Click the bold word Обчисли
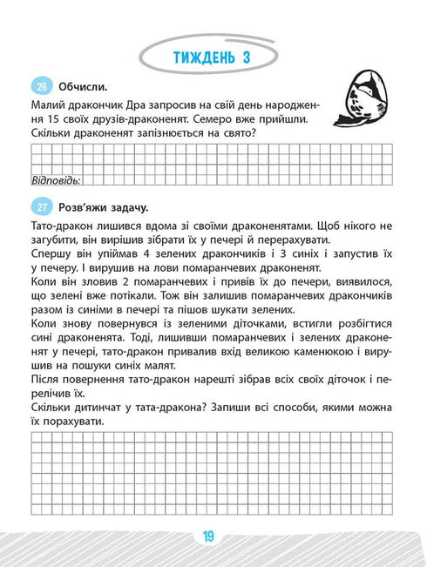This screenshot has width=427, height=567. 83,86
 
